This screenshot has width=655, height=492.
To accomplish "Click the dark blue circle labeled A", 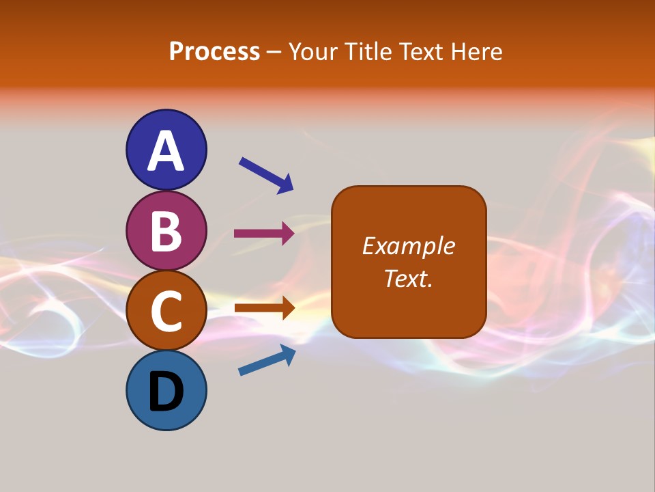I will pyautogui.click(x=166, y=150).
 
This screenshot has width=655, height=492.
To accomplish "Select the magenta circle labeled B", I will pyautogui.click(x=166, y=230).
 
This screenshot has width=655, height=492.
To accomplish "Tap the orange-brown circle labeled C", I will pyautogui.click(x=166, y=310).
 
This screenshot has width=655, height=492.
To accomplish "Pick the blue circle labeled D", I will pyautogui.click(x=166, y=390).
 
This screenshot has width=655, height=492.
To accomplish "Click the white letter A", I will pyautogui.click(x=166, y=151).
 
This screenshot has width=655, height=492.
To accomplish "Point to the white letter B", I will pyautogui.click(x=166, y=231).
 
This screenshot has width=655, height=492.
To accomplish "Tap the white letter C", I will pyautogui.click(x=166, y=311).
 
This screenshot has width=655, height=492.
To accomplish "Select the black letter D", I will pyautogui.click(x=166, y=392).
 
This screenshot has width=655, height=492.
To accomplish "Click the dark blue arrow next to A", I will pyautogui.click(x=266, y=175).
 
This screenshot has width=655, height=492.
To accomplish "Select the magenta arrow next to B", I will pyautogui.click(x=264, y=234).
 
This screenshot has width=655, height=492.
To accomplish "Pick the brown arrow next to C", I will pyautogui.click(x=264, y=307).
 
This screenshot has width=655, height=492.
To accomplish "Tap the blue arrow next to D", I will pyautogui.click(x=267, y=361).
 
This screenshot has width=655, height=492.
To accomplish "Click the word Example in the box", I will pyautogui.click(x=408, y=246).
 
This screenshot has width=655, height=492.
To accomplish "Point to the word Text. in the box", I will pyautogui.click(x=408, y=278).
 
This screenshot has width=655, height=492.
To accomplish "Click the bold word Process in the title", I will pyautogui.click(x=214, y=52).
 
